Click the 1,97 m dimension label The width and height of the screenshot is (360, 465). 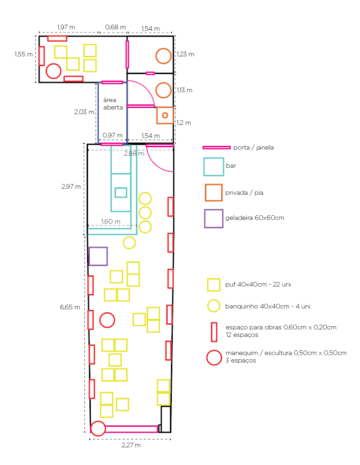coord(66,27)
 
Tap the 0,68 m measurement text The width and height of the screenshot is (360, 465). coord(115,27)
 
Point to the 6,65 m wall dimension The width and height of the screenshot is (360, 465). coord(70,307)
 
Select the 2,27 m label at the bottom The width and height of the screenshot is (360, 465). coord(131,445)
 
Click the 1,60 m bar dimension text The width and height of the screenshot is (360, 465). coord(110,221)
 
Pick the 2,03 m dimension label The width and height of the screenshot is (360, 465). coord(84,112)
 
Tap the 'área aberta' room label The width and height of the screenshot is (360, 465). coord(113,103)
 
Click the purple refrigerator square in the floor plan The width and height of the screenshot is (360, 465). coord(98,256)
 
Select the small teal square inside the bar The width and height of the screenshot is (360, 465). coord(121,192)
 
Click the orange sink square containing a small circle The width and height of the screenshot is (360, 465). coord(165,115)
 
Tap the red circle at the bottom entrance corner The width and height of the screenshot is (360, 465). coord(98,429)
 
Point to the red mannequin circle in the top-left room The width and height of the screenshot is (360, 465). coord(54,71)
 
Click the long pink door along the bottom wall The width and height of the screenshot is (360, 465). coord(131,429)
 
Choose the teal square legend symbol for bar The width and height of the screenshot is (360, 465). coord(213,166)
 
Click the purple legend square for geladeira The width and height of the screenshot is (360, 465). coord(213,218)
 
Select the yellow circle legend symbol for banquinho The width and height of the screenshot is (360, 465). coord(214,306)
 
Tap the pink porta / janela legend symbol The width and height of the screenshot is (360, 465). coord(217,147)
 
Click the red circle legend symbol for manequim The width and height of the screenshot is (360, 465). coord(214,357)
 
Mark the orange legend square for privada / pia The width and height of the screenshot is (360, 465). coord(213,192)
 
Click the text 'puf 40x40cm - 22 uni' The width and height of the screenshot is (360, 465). coord(258,284)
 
